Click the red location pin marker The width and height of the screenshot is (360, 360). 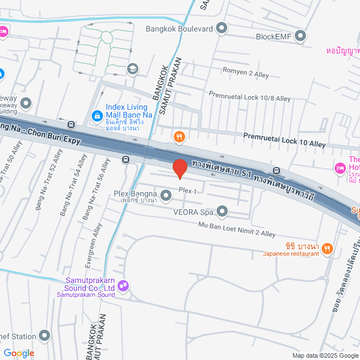[179, 168]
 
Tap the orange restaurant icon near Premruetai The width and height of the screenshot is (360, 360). [179, 136]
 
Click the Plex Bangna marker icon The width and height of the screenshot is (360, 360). [166, 195]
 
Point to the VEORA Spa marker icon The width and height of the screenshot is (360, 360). [222, 212]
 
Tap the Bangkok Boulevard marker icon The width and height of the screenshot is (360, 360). [222, 28]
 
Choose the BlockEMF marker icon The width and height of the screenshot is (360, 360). [300, 37]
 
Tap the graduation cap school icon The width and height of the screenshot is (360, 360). [133, 69]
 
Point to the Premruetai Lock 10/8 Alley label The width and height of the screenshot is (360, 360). [250, 97]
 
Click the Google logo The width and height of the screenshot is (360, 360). [19, 353]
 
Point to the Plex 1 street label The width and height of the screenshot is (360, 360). [187, 191]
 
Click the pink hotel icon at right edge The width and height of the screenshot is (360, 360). [340, 168]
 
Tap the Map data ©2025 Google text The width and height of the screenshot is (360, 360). [325, 355]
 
